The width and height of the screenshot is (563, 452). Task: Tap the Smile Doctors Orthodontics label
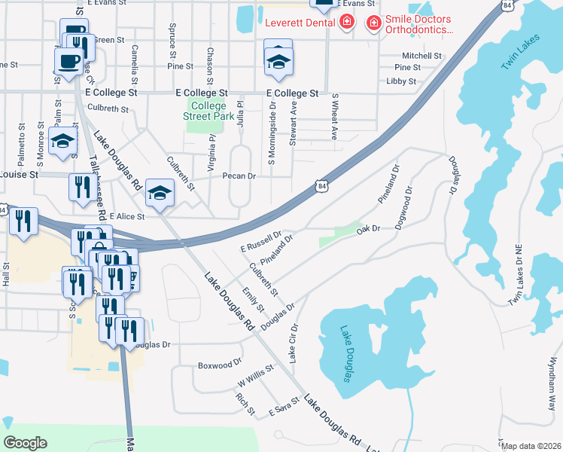420,24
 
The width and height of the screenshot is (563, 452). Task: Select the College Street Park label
208,111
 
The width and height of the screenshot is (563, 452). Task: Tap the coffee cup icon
68,60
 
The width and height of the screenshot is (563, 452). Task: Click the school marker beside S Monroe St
63,140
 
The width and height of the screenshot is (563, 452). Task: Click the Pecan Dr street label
239,176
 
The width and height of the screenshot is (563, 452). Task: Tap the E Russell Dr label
260,242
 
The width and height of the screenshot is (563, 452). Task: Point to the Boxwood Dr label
219,365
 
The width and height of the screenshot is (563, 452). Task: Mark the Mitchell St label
421,56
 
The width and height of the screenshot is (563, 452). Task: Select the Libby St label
401,81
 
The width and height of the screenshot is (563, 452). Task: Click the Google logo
26,443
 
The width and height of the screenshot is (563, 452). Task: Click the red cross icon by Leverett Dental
346,23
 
